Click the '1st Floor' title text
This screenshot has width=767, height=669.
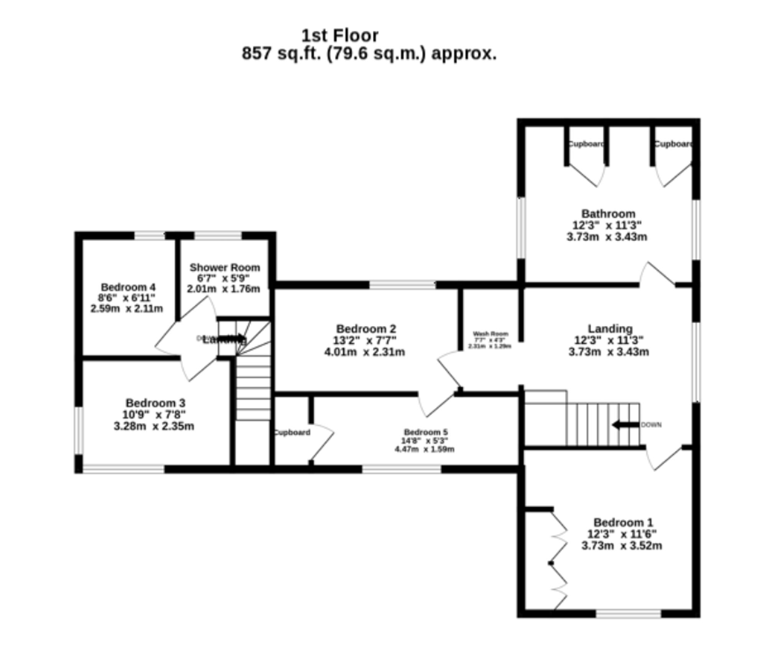pos(340,36)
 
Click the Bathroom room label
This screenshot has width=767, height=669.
pos(608,214)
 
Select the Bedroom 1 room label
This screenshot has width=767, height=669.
pos(623,522)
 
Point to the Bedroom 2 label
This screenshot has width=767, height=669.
pos(366,329)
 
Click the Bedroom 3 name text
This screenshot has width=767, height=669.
pos(155,403)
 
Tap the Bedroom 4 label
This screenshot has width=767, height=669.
pos(128,287)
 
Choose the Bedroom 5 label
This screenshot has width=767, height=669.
pos(426,432)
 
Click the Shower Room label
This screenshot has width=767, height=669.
pos(225,267)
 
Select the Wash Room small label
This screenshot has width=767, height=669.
pos(490,334)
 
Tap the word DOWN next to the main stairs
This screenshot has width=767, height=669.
pos(651,425)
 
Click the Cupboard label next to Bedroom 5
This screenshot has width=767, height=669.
pos(292,432)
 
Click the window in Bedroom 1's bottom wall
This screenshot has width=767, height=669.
pos(628,613)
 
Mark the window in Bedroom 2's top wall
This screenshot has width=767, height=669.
pos(402,284)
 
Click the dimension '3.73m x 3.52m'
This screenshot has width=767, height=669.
pos(622,546)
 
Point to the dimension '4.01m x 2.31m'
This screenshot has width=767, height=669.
pos(364,352)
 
